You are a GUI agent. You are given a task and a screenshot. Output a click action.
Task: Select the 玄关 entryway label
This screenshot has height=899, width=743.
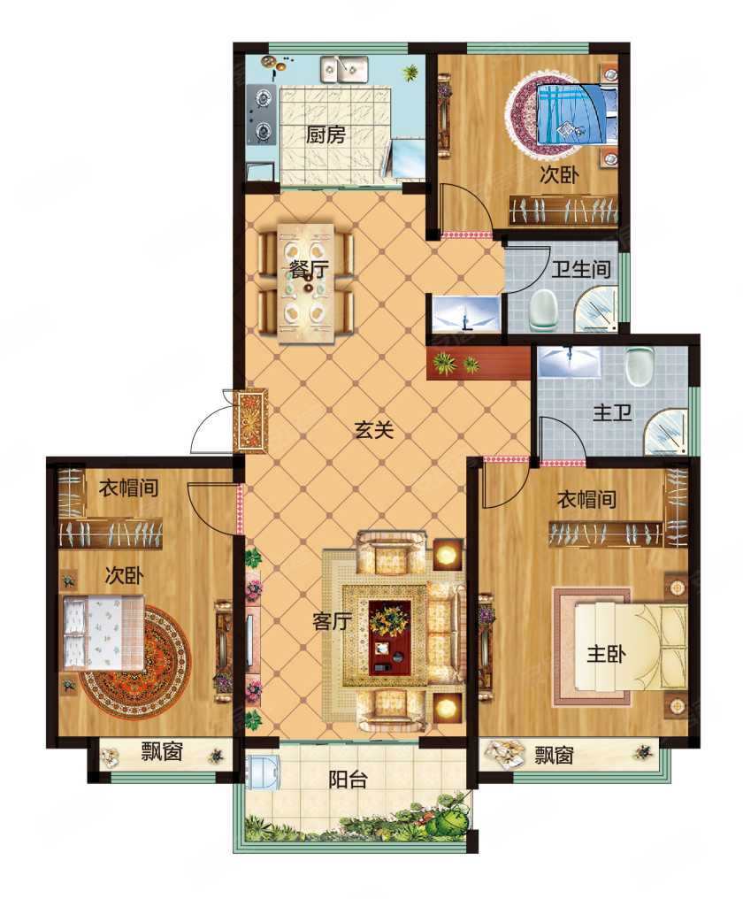(x=374, y=430)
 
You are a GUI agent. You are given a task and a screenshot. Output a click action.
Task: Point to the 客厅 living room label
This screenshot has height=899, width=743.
(x=332, y=621)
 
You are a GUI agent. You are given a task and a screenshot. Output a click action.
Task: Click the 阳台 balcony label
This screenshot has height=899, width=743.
(x=348, y=780)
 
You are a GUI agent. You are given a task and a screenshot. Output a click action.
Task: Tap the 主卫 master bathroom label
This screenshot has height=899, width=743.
(x=612, y=413)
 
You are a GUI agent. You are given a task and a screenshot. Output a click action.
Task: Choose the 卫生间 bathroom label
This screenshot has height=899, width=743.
(x=581, y=270)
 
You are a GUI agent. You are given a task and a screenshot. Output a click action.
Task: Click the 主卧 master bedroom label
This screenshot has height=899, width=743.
(x=607, y=654)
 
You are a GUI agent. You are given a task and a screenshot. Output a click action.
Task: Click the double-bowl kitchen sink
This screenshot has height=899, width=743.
(x=344, y=69)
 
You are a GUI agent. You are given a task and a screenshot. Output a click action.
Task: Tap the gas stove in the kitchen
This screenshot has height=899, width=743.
(x=262, y=115)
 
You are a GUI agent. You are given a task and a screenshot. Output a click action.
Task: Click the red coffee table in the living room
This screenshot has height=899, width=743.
(x=390, y=636)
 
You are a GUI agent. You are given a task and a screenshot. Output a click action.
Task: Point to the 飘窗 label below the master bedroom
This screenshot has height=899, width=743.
(x=554, y=756)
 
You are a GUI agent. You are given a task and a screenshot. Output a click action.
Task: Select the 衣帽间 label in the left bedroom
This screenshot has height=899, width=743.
(x=128, y=488)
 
